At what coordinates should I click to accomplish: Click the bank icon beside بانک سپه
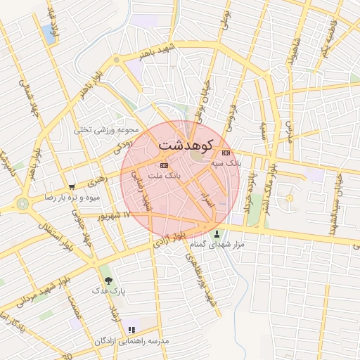point(226,153)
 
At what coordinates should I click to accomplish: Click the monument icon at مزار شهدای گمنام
point(217,234)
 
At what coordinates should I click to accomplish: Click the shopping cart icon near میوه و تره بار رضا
point(72,187)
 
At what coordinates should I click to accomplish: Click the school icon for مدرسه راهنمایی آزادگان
point(131,330)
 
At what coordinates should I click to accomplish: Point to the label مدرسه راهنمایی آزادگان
point(134,340)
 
